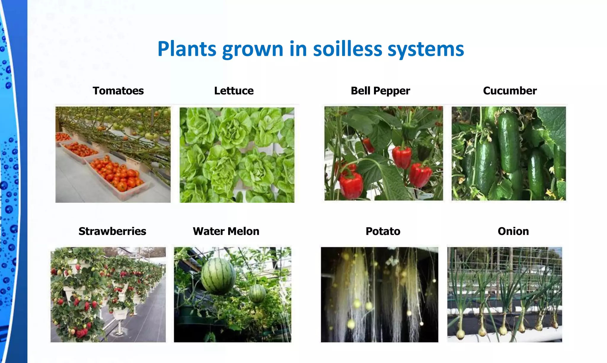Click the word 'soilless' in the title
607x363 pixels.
[x=347, y=49]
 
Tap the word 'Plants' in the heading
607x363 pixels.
[x=187, y=49]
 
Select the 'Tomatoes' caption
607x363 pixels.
[x=118, y=91]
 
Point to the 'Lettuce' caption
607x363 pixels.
[x=234, y=91]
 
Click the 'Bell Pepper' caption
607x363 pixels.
[x=380, y=91]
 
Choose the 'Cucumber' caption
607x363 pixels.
[x=510, y=91]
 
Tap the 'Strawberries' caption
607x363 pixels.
[x=112, y=231]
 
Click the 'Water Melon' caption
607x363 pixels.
[x=226, y=231]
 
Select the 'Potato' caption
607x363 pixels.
[x=383, y=231]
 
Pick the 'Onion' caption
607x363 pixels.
[x=513, y=231]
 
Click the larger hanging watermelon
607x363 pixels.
[x=218, y=276]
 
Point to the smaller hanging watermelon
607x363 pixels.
[x=257, y=293]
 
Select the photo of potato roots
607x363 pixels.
[x=379, y=294]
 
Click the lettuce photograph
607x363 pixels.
[x=237, y=155]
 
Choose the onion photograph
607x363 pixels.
[x=504, y=294]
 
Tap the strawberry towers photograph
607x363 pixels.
[x=108, y=294]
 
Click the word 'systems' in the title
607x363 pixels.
[x=426, y=49]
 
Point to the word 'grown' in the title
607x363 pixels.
[x=253, y=49]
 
